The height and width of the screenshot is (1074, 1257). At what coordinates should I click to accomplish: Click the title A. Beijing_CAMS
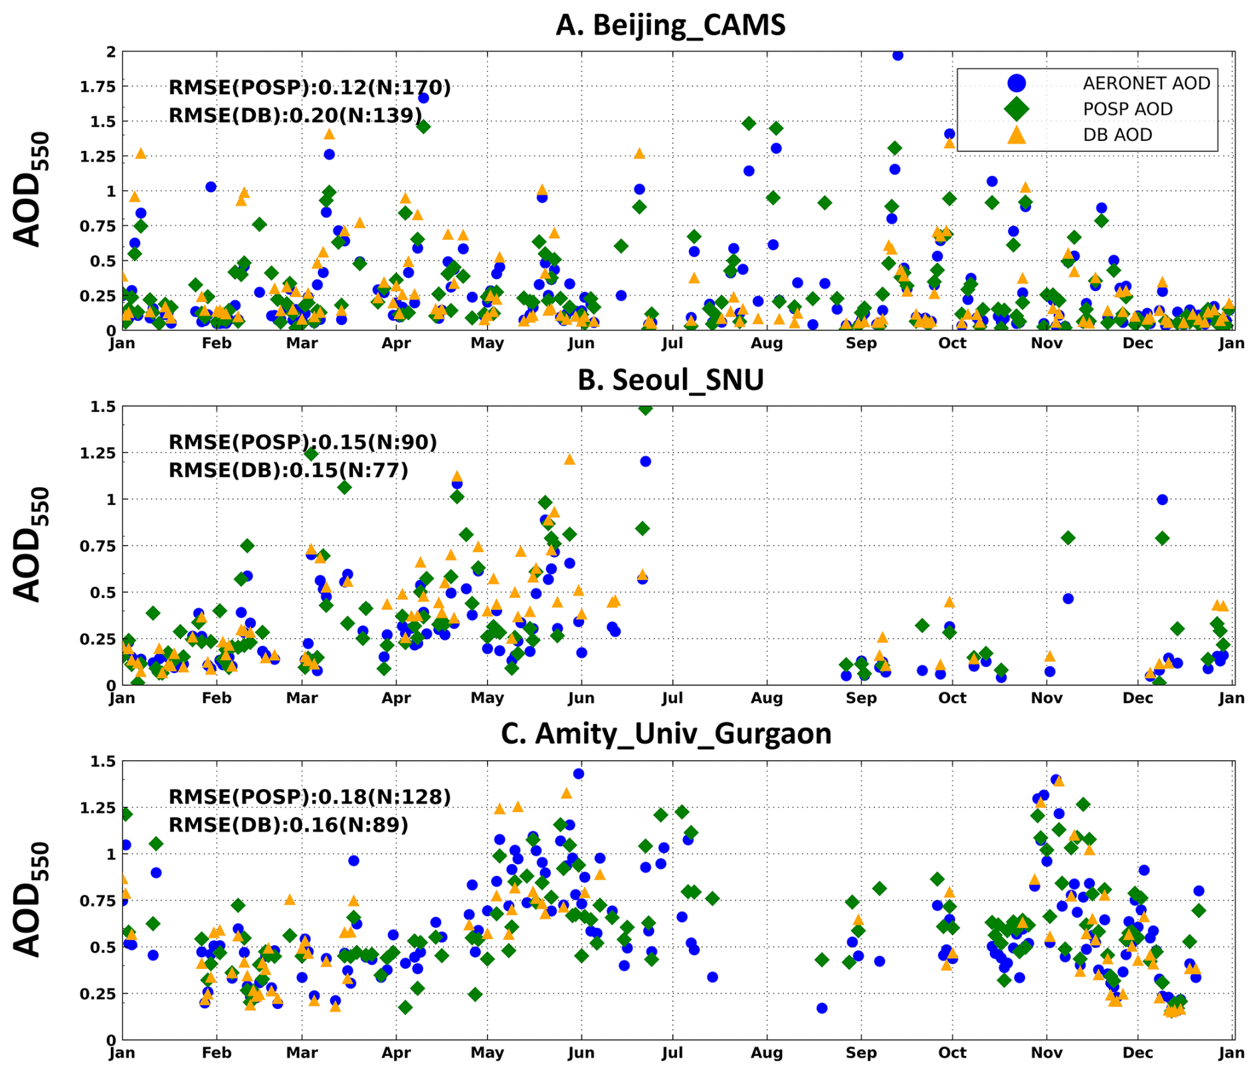pyautogui.click(x=670, y=25)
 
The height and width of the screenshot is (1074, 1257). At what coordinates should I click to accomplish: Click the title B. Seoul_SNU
pyautogui.click(x=670, y=379)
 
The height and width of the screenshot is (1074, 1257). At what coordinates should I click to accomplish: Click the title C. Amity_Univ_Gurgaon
pyautogui.click(x=666, y=734)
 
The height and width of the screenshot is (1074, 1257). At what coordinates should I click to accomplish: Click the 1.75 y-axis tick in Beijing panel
pyautogui.click(x=97, y=87)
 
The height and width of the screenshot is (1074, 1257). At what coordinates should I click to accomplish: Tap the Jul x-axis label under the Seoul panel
pyautogui.click(x=672, y=698)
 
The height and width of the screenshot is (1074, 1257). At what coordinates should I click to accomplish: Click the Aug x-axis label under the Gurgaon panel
pyautogui.click(x=767, y=1053)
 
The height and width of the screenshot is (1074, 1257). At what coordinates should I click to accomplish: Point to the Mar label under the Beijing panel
pyautogui.click(x=302, y=344)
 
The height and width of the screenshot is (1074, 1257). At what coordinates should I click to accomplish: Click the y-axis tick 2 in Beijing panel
pyautogui.click(x=111, y=52)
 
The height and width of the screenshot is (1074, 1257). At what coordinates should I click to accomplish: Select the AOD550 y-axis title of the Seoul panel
pyautogui.click(x=30, y=545)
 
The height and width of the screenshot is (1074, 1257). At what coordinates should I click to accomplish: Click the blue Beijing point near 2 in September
pyautogui.click(x=898, y=55)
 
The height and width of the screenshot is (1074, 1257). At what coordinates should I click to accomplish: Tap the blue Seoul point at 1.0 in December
pyautogui.click(x=1162, y=500)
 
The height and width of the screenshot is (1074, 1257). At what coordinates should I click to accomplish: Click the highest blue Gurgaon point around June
pyautogui.click(x=579, y=774)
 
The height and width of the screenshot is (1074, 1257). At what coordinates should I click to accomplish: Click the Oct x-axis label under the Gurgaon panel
pyautogui.click(x=952, y=1053)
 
